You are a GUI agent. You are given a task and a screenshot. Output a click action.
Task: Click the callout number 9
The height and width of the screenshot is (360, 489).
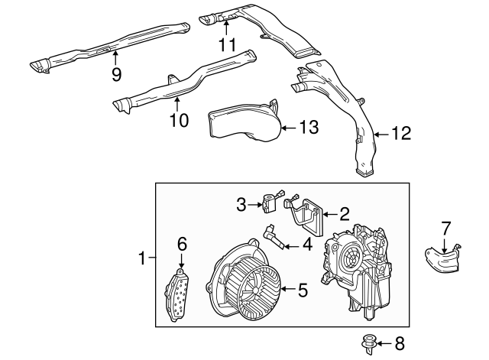(116, 74)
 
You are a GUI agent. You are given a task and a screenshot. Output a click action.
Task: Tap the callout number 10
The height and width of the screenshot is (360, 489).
(176, 119)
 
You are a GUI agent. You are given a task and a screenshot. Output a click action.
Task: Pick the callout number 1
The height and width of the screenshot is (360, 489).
(143, 259)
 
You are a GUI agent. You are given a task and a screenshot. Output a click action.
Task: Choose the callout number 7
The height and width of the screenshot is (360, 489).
(446, 227)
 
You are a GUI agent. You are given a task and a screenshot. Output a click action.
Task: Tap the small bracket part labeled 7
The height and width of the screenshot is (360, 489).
(441, 258)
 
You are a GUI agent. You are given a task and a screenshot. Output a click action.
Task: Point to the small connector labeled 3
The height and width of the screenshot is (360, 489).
(269, 203)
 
